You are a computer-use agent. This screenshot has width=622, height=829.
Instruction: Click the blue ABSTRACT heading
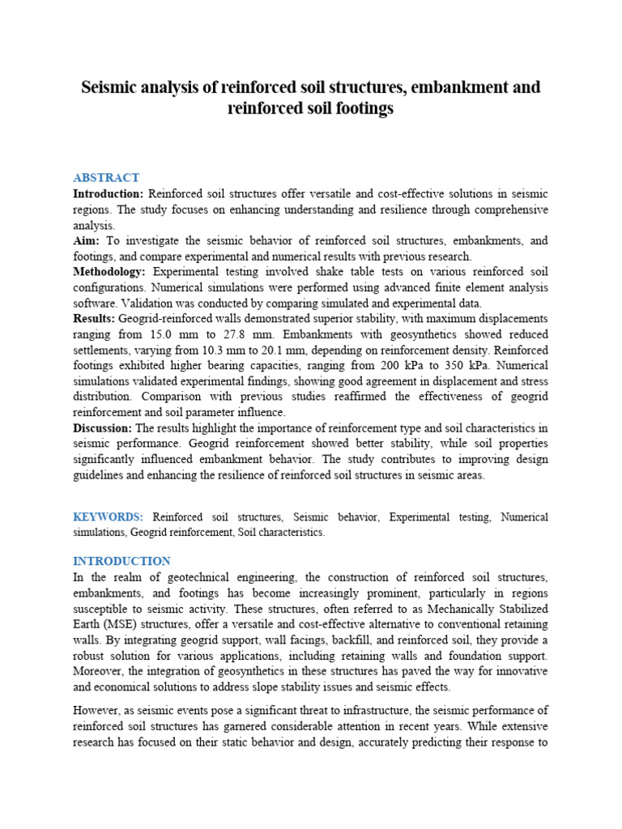coord(106,177)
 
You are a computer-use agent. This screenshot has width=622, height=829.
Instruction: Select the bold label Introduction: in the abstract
coord(109,194)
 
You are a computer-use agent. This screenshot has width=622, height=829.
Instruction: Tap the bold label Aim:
coord(88,241)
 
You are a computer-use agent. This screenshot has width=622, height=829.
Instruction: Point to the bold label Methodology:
coord(109,272)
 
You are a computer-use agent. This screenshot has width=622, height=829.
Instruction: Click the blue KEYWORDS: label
coord(109,517)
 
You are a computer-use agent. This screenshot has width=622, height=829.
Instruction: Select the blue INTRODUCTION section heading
coord(121,561)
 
